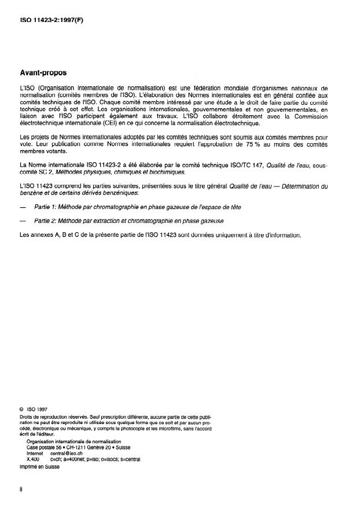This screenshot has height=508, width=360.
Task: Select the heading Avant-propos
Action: click(43, 73)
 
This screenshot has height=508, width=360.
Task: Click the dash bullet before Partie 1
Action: click(23, 207)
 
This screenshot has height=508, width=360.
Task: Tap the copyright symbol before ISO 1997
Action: click(22, 408)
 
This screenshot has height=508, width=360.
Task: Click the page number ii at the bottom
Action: click(21, 489)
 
